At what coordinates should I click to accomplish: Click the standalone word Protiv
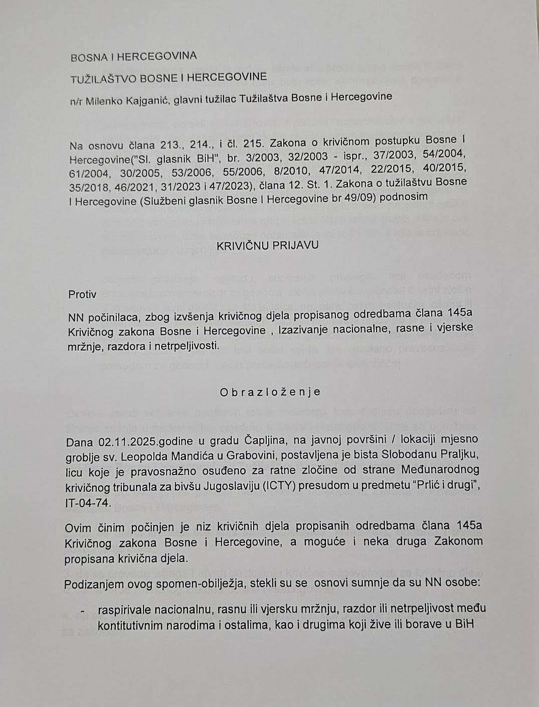[x=82, y=295]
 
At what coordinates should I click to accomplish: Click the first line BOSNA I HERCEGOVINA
[x=133, y=56]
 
